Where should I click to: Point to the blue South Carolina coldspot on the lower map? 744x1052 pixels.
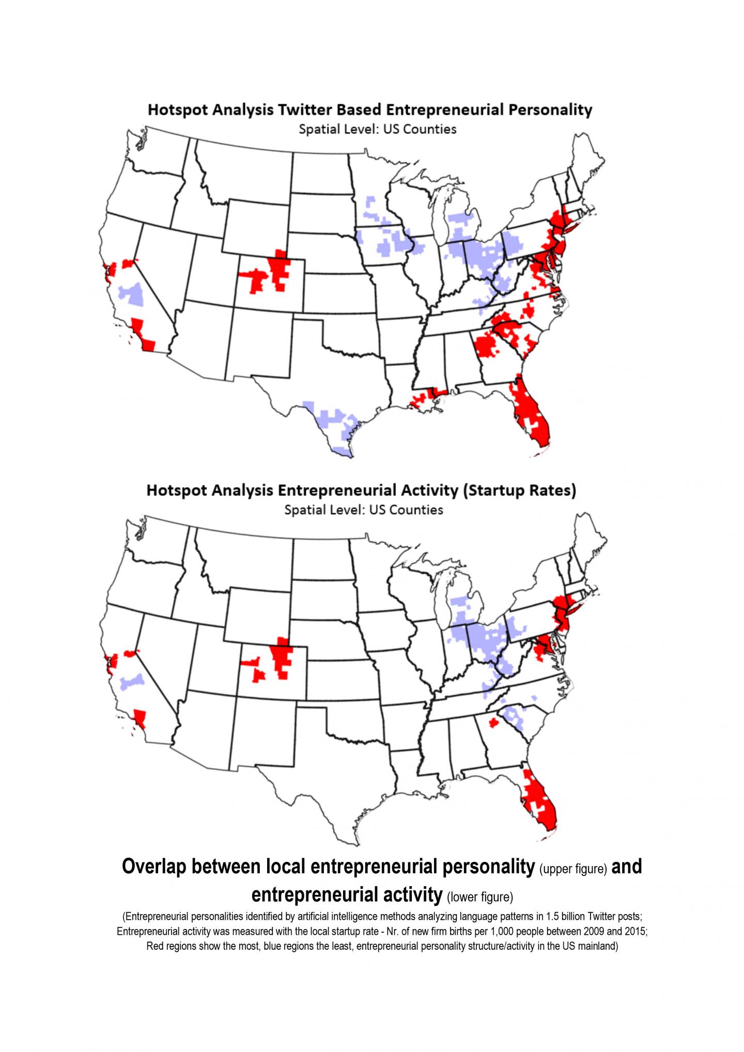point(514,715)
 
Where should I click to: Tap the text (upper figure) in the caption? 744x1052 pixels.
point(572,869)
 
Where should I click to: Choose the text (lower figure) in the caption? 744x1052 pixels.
point(479,897)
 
